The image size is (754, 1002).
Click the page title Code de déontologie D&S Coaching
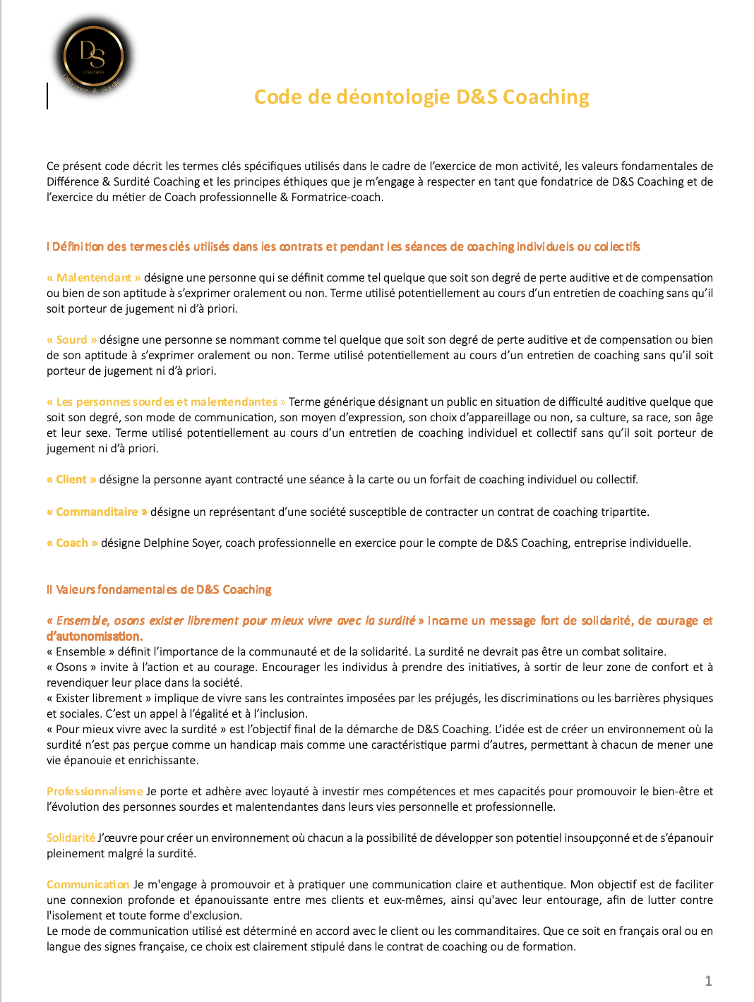tap(421, 97)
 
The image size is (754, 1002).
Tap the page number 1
tap(708, 981)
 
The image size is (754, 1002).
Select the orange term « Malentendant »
tap(94, 277)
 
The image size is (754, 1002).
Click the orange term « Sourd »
tap(72, 339)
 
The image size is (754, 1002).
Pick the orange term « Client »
tap(71, 479)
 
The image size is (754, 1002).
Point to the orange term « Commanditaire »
tap(97, 512)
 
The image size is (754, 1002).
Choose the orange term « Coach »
tap(72, 543)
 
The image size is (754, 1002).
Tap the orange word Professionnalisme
tap(95, 791)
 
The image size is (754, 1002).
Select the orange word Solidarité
tap(71, 838)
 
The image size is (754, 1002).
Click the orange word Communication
tap(88, 884)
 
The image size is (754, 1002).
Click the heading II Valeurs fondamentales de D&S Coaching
tap(159, 589)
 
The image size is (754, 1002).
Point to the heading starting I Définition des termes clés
tap(343, 246)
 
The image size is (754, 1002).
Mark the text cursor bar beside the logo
tap(47, 96)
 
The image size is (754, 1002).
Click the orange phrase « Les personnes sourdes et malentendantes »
tap(166, 402)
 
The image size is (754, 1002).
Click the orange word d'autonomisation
tap(94, 636)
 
